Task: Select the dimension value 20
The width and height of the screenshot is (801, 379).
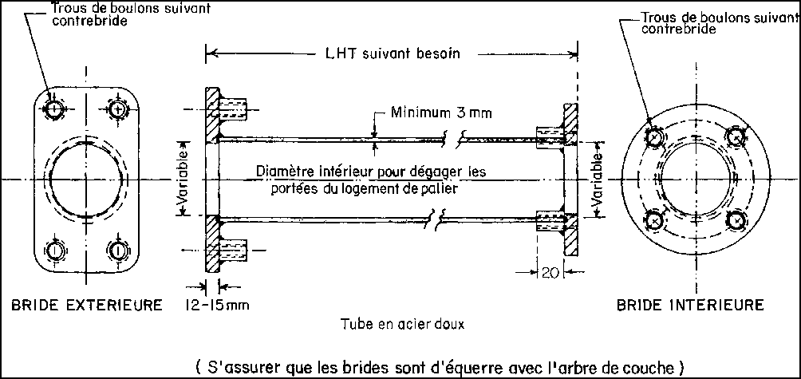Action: [548, 272]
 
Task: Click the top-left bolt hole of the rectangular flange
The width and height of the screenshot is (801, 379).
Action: [54, 109]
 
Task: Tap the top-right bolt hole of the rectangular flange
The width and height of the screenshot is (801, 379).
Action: [118, 109]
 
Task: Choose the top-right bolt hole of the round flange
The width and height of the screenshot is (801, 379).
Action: [735, 137]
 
